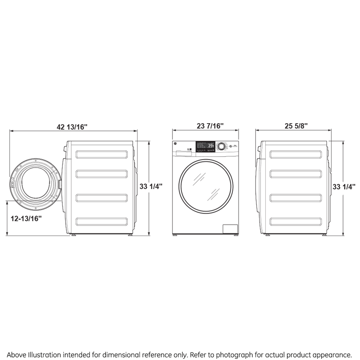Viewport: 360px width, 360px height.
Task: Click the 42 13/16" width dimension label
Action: tap(72, 127)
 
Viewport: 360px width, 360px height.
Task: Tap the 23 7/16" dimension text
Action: tap(210, 126)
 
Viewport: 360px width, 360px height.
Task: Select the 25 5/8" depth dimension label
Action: tap(296, 126)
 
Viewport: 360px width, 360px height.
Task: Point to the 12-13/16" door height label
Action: tap(26, 218)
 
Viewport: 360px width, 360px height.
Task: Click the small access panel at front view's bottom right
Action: tap(230, 229)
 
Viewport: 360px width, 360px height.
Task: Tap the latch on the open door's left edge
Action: tap(13, 185)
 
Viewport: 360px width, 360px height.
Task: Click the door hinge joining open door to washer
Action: tap(60, 184)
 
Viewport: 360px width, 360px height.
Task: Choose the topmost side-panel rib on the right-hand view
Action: tap(296, 154)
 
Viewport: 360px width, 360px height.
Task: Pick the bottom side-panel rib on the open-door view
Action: tap(102, 221)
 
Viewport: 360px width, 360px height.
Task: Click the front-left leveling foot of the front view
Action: tap(175, 235)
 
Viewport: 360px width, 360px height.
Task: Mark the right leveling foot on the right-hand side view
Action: tap(323, 235)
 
